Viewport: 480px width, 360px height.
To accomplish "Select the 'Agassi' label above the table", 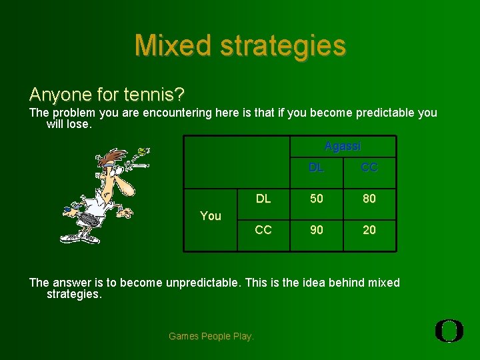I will coord(343,146).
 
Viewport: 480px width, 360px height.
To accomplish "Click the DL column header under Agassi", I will coord(316,168).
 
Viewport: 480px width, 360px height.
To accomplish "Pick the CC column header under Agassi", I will coord(369,168).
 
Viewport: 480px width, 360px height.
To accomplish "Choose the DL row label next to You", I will coord(263,199).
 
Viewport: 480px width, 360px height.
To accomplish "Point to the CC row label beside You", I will coord(263,230).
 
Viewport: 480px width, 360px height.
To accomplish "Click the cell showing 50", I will coord(316,199).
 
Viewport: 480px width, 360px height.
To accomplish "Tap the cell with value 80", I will coord(369,199).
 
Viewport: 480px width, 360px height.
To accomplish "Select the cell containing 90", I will coord(316,230).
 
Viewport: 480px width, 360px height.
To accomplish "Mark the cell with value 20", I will coord(369,230).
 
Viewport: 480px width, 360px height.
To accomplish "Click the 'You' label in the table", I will coord(211,215).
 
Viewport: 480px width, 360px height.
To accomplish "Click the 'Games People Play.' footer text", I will coord(211,336).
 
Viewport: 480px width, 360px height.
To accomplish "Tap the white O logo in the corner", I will coord(449,331).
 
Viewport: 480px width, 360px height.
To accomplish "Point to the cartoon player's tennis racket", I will coord(83,219).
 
